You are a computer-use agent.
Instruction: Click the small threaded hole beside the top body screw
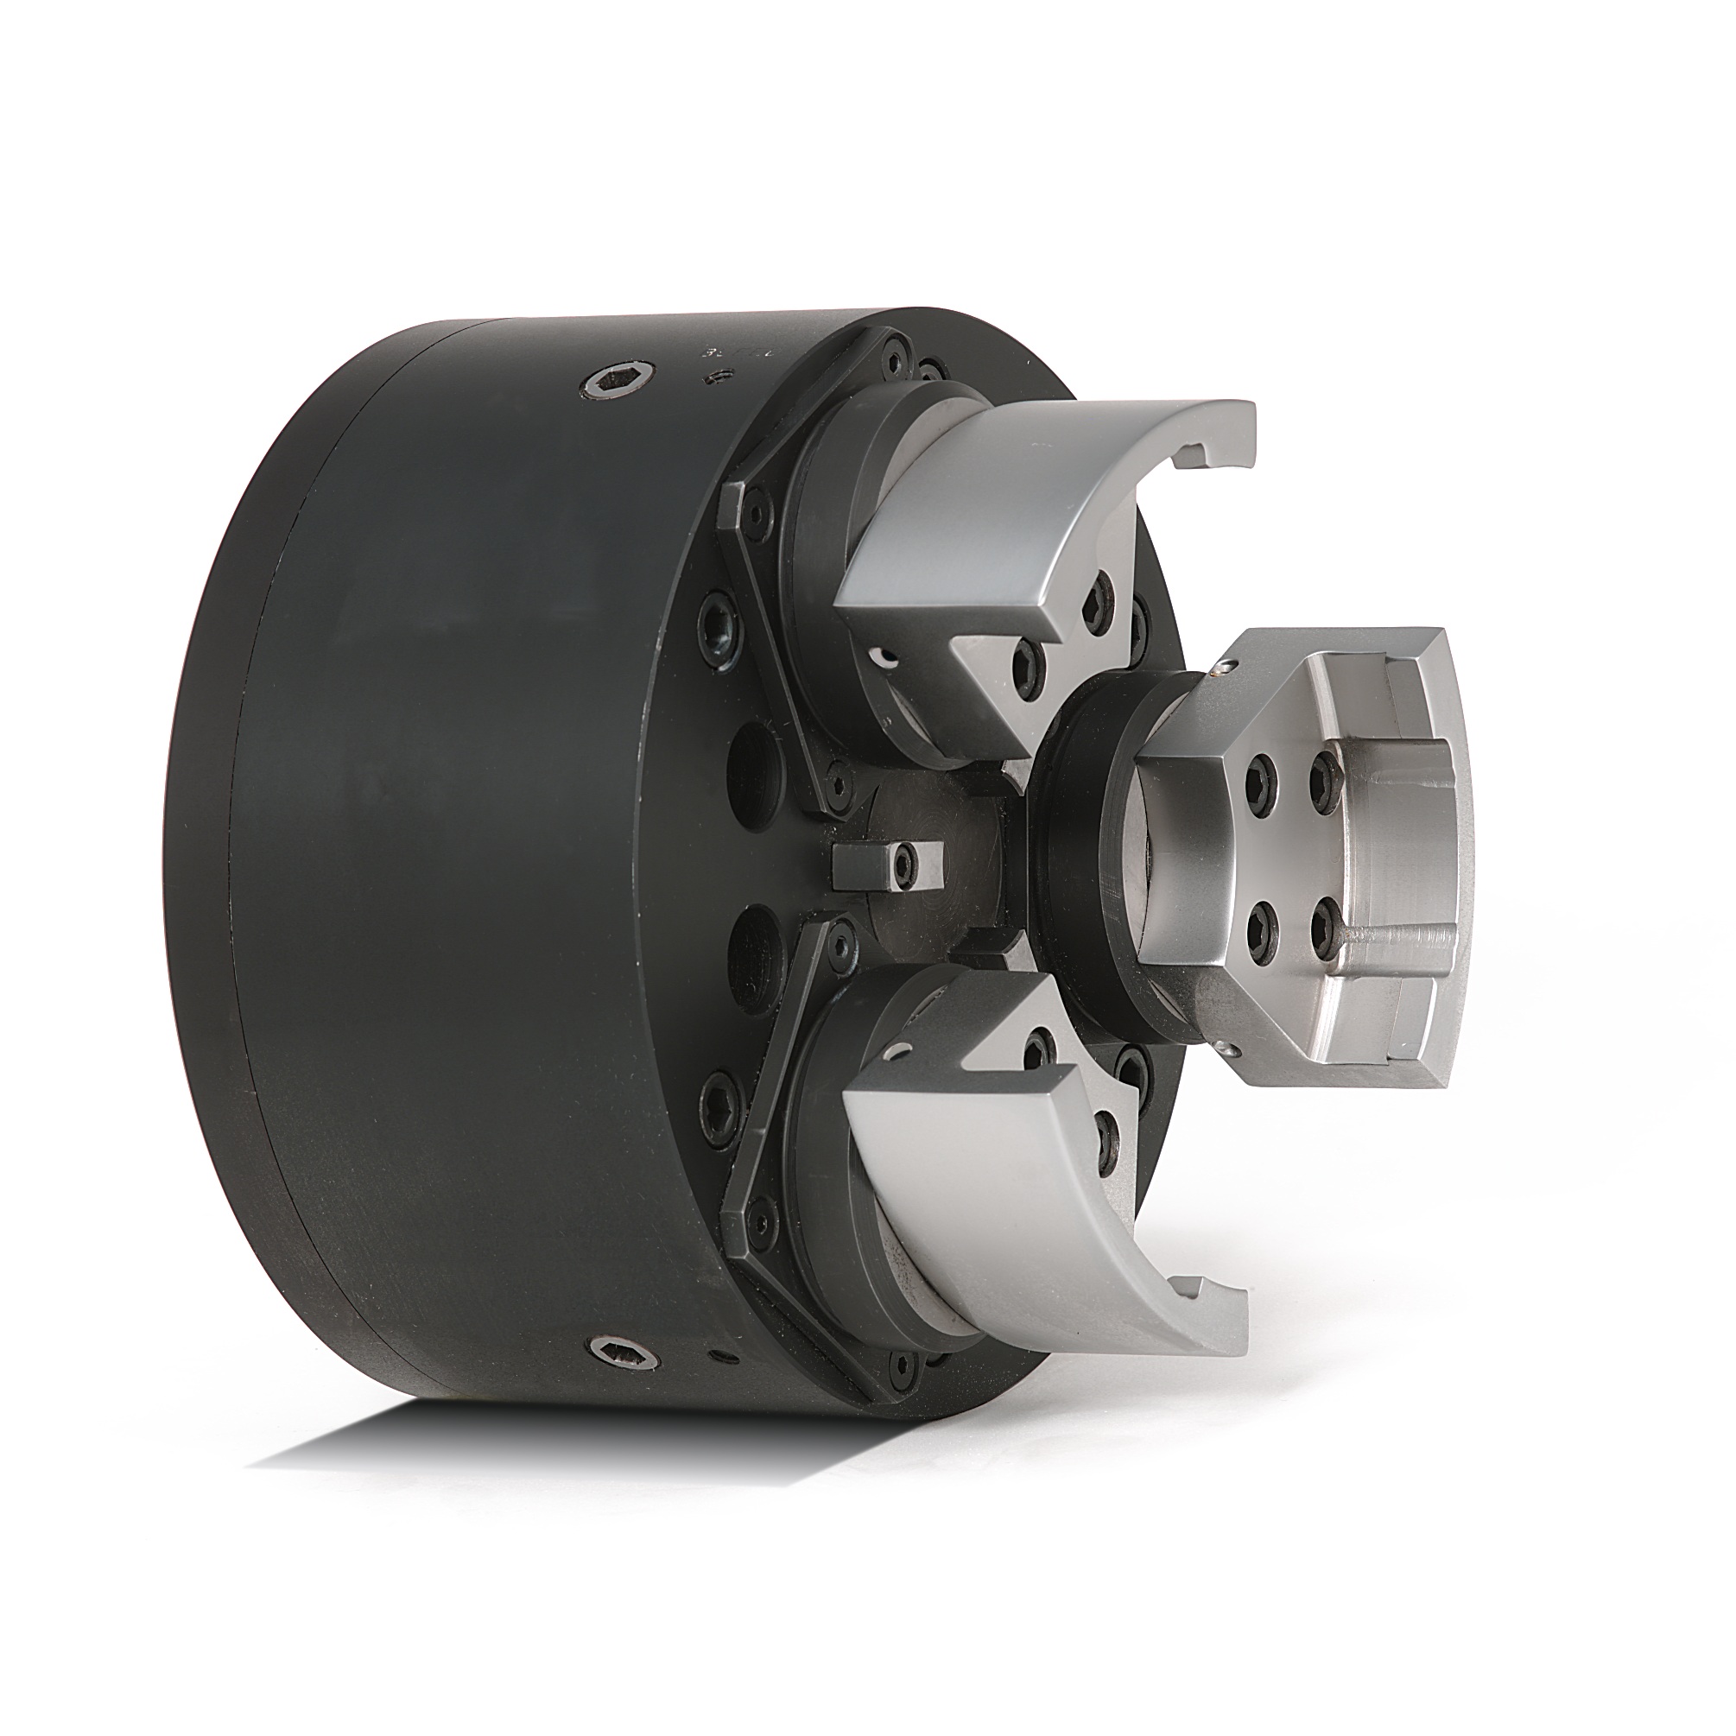pos(715,377)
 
